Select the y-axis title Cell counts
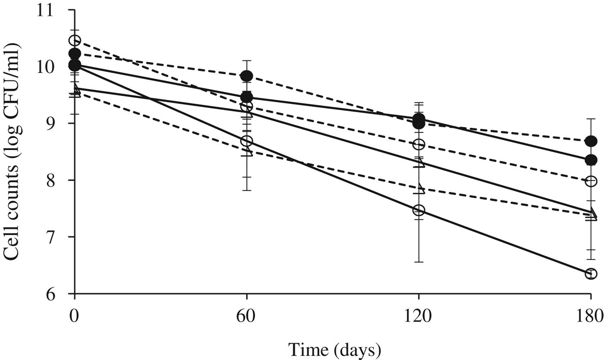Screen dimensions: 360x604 coord(14,152)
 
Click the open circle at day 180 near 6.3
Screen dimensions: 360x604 coord(591,273)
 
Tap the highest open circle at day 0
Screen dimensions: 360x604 coord(75,41)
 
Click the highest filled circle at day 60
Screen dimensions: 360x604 coord(246,76)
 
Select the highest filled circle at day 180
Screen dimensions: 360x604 coord(591,141)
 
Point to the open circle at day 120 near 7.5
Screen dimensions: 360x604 coord(418,210)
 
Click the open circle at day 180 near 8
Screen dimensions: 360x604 coord(591,181)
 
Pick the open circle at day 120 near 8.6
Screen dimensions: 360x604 coord(418,144)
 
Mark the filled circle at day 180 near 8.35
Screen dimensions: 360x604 coord(591,160)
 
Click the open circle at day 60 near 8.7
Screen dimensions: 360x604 coord(246,141)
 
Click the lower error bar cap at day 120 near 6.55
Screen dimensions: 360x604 coord(418,262)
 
